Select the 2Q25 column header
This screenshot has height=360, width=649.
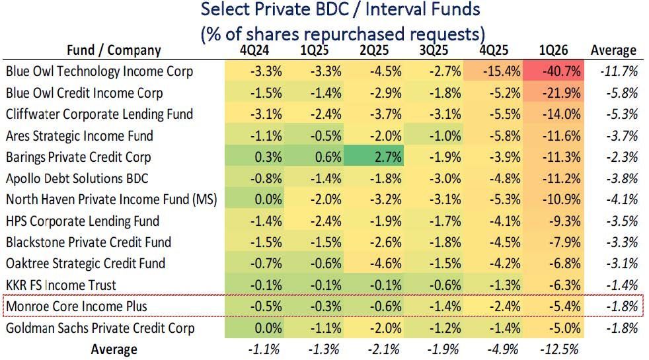[x=373, y=50]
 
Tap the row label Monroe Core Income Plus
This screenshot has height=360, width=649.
[x=76, y=306]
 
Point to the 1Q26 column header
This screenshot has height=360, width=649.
[x=553, y=50]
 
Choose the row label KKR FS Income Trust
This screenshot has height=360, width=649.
[x=61, y=285]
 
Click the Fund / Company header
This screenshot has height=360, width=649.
[x=114, y=50]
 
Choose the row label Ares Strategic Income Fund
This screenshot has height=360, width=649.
[x=79, y=136]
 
